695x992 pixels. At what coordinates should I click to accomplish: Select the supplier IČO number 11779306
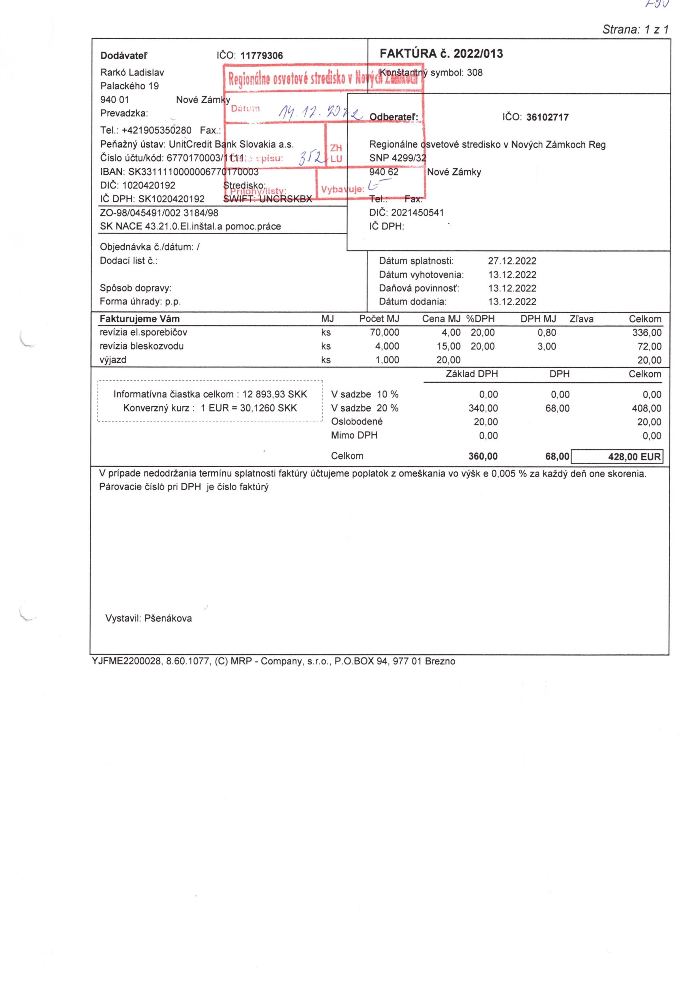pos(261,56)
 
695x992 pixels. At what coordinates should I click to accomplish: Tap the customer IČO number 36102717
pos(547,117)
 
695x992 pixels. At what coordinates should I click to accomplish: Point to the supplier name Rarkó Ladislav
pos(132,72)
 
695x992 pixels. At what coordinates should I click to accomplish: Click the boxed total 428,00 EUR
pos(634,457)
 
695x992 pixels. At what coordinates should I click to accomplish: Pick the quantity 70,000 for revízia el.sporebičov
pos(385,333)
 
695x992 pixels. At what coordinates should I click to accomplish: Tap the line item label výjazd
pos(113,360)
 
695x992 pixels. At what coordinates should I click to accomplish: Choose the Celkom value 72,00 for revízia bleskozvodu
pos(649,347)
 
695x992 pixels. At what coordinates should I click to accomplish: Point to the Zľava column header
pos(581,319)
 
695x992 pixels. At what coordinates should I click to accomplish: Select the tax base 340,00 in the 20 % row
pos(483,408)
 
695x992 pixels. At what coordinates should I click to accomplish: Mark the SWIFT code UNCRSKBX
pos(285,199)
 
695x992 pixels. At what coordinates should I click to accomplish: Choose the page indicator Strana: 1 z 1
pos(635,30)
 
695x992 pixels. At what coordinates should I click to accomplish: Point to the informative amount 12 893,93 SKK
pos(275,395)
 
